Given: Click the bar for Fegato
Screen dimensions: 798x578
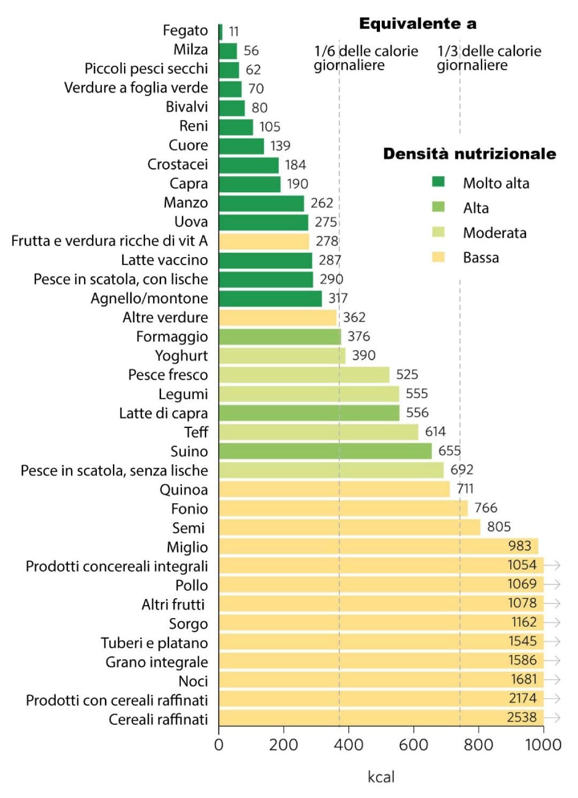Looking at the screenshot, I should pyautogui.click(x=220, y=32).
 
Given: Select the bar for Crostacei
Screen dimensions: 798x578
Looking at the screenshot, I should pyautogui.click(x=249, y=165).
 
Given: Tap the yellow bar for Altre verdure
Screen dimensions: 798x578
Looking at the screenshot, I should pyautogui.click(x=278, y=318).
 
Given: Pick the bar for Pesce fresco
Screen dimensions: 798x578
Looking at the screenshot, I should pyautogui.click(x=304, y=375).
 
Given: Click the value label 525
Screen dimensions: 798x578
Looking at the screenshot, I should pyautogui.click(x=407, y=374).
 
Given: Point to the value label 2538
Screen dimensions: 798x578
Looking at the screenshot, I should pyautogui.click(x=522, y=717).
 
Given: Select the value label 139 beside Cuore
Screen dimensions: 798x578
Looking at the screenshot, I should pyautogui.click(x=280, y=146).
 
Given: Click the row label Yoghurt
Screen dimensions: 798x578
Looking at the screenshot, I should pyautogui.click(x=181, y=356).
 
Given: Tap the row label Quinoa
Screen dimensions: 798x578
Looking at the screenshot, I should pyautogui.click(x=184, y=490).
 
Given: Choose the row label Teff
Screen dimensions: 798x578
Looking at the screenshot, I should pyautogui.click(x=196, y=432).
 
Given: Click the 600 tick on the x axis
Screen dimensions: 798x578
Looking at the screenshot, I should pyautogui.click(x=413, y=744).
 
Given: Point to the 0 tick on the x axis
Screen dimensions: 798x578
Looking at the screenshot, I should pyautogui.click(x=218, y=744).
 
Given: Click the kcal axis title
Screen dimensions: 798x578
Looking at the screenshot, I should pyautogui.click(x=381, y=777).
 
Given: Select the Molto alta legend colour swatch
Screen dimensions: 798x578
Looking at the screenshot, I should pyautogui.click(x=438, y=182).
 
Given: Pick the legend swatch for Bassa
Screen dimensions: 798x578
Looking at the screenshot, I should pyautogui.click(x=438, y=257).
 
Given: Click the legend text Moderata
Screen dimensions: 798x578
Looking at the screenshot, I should pyautogui.click(x=495, y=233).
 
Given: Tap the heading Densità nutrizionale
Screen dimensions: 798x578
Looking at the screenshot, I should pyautogui.click(x=469, y=154).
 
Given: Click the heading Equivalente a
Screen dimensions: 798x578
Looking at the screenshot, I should pyautogui.click(x=417, y=24).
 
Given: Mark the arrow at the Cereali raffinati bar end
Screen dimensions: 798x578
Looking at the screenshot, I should pyautogui.click(x=553, y=717).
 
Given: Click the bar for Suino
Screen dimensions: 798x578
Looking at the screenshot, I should pyautogui.click(x=325, y=451).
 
